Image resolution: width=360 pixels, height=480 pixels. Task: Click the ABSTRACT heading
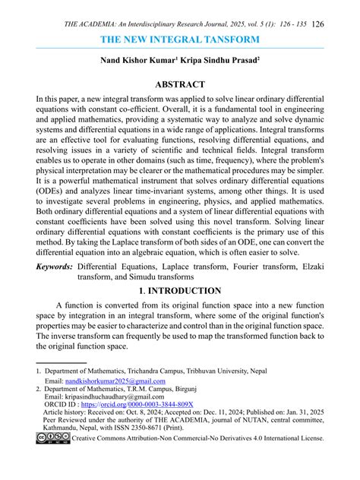pyautogui.click(x=180, y=84)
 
